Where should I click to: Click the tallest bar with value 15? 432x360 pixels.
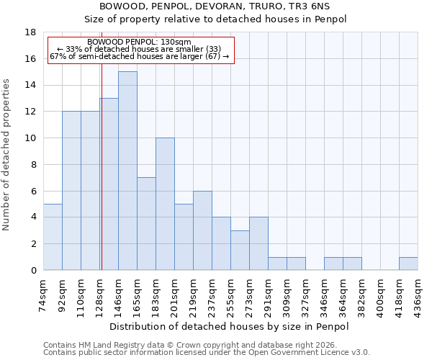pyautogui.click(x=127, y=171)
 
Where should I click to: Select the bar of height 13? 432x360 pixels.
pyautogui.click(x=109, y=184)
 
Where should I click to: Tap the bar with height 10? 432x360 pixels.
pyautogui.click(x=165, y=204)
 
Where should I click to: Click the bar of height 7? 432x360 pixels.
pyautogui.click(x=146, y=223)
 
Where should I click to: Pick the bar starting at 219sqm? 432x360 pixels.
pyautogui.click(x=202, y=230)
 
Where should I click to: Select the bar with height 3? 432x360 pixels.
pyautogui.click(x=240, y=250)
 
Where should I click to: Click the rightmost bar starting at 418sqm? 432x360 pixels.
pyautogui.click(x=408, y=264)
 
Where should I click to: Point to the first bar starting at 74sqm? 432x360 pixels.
pyautogui.click(x=53, y=237)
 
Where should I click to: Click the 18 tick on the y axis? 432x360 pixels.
pyautogui.click(x=31, y=32)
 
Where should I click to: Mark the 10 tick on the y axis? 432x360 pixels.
pyautogui.click(x=31, y=138)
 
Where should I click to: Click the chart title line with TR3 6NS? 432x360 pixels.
pyautogui.click(x=225, y=6)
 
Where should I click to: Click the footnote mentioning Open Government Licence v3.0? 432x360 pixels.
pyautogui.click(x=207, y=353)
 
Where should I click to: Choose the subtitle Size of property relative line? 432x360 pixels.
pyautogui.click(x=225, y=19)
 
